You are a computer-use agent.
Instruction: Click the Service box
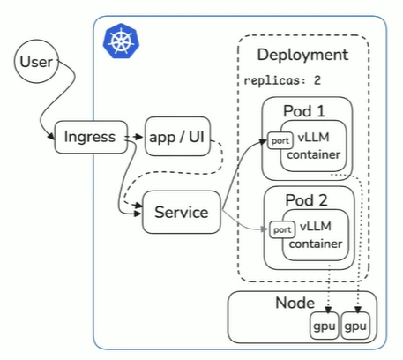(181, 212)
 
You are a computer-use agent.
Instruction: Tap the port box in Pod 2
(281, 229)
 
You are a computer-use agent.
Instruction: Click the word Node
(294, 303)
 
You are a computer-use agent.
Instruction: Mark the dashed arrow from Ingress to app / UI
(131, 137)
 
